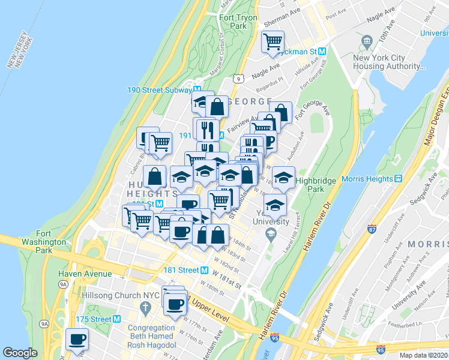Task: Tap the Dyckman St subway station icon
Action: click(322, 52)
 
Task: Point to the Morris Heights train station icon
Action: click(397, 179)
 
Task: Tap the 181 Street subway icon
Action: click(204, 270)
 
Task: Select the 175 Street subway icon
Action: click(117, 319)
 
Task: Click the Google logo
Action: click(20, 353)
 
